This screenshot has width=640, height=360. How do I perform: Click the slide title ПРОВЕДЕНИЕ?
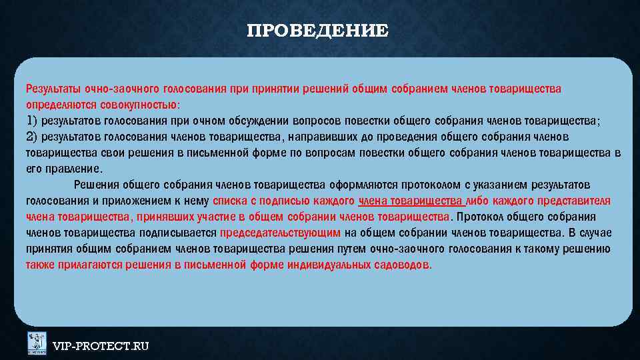[x=317, y=31]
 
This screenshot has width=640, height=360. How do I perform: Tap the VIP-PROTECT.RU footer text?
[x=101, y=346]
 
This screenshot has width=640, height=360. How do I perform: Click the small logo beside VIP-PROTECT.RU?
[x=37, y=343]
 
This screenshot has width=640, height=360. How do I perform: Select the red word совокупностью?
[x=139, y=105]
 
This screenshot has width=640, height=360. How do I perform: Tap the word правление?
[x=73, y=169]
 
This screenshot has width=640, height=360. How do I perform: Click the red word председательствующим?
[x=281, y=233]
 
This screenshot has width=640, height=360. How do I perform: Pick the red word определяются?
[x=61, y=105]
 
